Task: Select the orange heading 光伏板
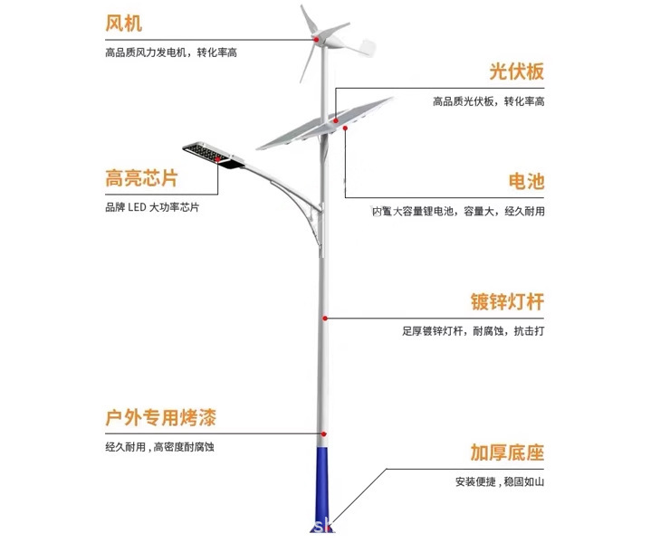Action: [516, 72]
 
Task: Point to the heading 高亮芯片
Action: [141, 177]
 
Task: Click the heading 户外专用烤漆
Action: [160, 418]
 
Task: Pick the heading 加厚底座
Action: [507, 452]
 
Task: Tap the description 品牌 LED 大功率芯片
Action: [152, 207]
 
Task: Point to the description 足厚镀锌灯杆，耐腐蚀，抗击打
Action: [474, 331]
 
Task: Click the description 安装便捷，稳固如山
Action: [500, 482]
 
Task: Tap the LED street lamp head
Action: [214, 155]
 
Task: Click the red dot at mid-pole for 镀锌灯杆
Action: [324, 318]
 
